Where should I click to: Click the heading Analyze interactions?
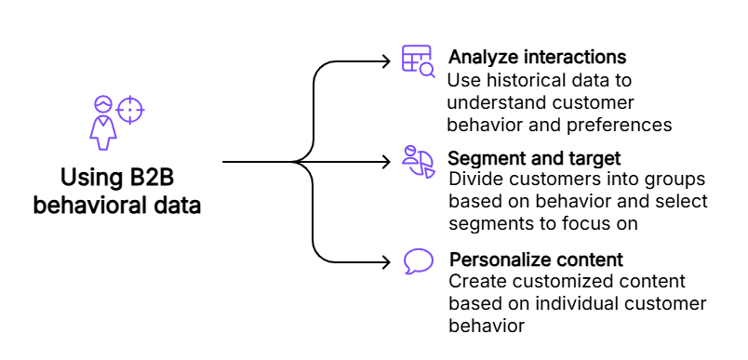(537, 58)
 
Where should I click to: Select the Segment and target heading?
(535, 158)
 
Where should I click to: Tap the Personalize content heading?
(536, 260)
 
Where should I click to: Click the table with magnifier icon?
(419, 61)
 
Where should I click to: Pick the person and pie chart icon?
(419, 162)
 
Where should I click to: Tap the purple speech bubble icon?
(419, 261)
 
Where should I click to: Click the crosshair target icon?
(130, 110)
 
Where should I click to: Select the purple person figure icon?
(103, 123)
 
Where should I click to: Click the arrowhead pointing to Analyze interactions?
(386, 61)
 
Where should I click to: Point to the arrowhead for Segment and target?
(386, 162)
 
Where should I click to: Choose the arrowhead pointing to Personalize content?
(386, 261)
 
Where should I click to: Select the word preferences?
(620, 126)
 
